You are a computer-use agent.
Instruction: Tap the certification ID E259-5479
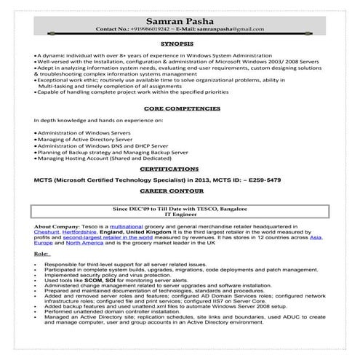[x=260, y=180]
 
